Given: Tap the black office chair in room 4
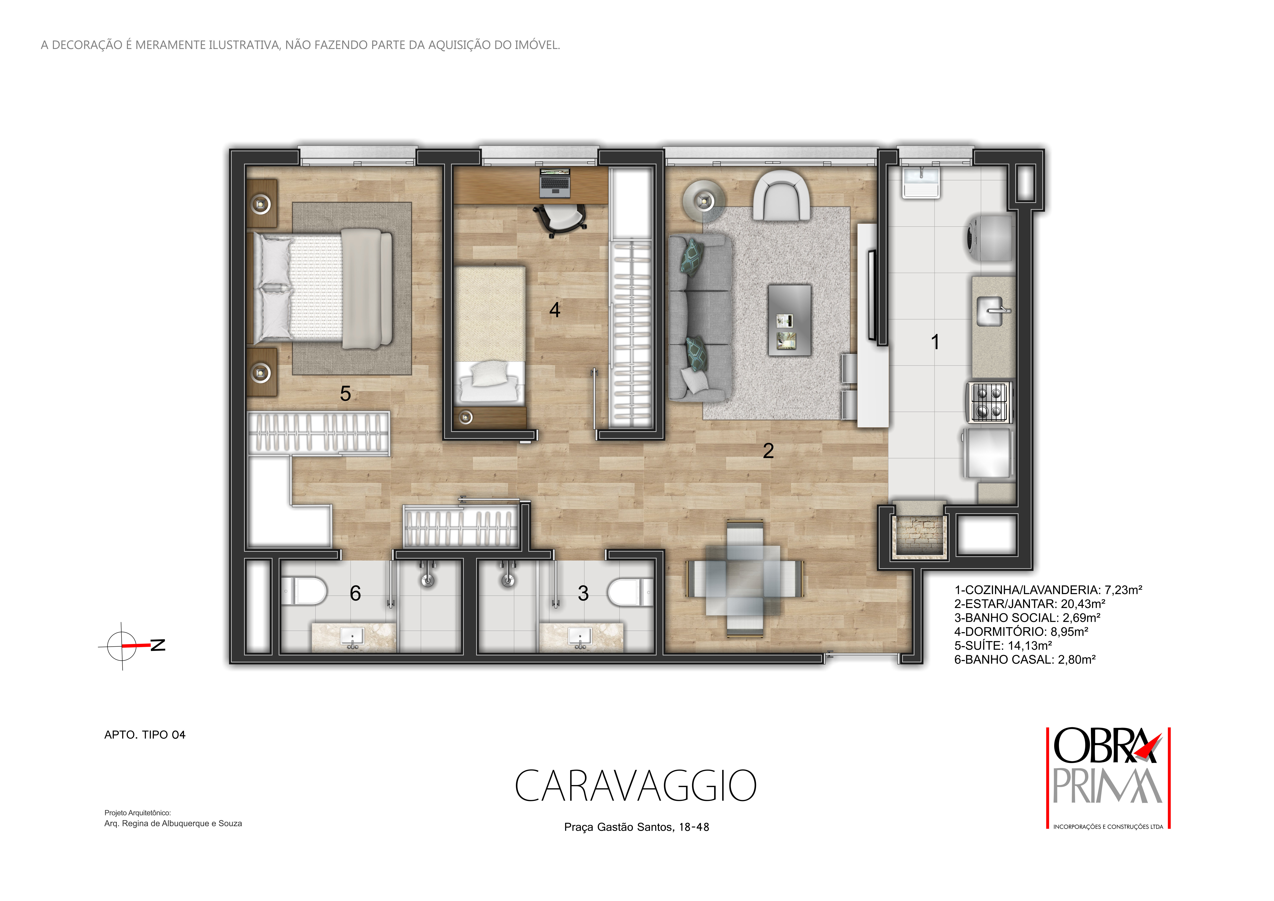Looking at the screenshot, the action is (559, 220).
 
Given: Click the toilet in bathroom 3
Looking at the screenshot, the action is (630, 591).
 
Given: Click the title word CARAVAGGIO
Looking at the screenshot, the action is (636, 786).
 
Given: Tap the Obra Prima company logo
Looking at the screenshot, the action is (1108, 778).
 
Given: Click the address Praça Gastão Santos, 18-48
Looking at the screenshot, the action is (636, 827).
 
